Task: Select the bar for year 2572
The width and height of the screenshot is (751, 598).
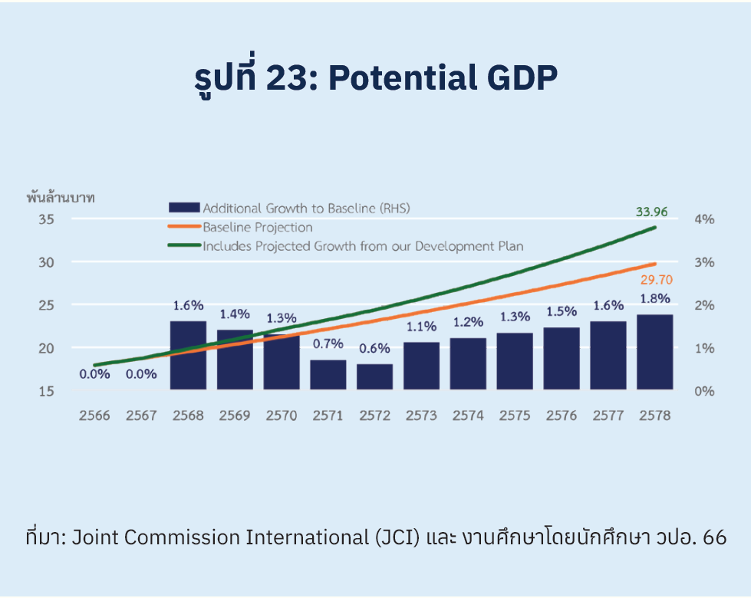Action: [x=374, y=376]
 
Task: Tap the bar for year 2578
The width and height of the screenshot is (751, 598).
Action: [x=654, y=352]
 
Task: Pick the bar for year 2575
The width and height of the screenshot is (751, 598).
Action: [x=515, y=361]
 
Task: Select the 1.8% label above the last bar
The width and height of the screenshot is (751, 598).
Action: [x=654, y=298]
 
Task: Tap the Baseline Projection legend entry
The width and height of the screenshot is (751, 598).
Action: [x=257, y=227]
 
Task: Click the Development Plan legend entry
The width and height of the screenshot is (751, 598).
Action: [x=363, y=246]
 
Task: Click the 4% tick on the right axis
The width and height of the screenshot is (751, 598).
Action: [x=704, y=219]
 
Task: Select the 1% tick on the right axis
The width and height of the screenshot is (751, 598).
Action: [x=704, y=348]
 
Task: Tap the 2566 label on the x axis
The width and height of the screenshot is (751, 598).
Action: [x=94, y=416]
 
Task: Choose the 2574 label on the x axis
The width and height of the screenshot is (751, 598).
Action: [x=468, y=416]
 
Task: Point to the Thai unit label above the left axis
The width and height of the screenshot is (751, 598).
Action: [x=61, y=197]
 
